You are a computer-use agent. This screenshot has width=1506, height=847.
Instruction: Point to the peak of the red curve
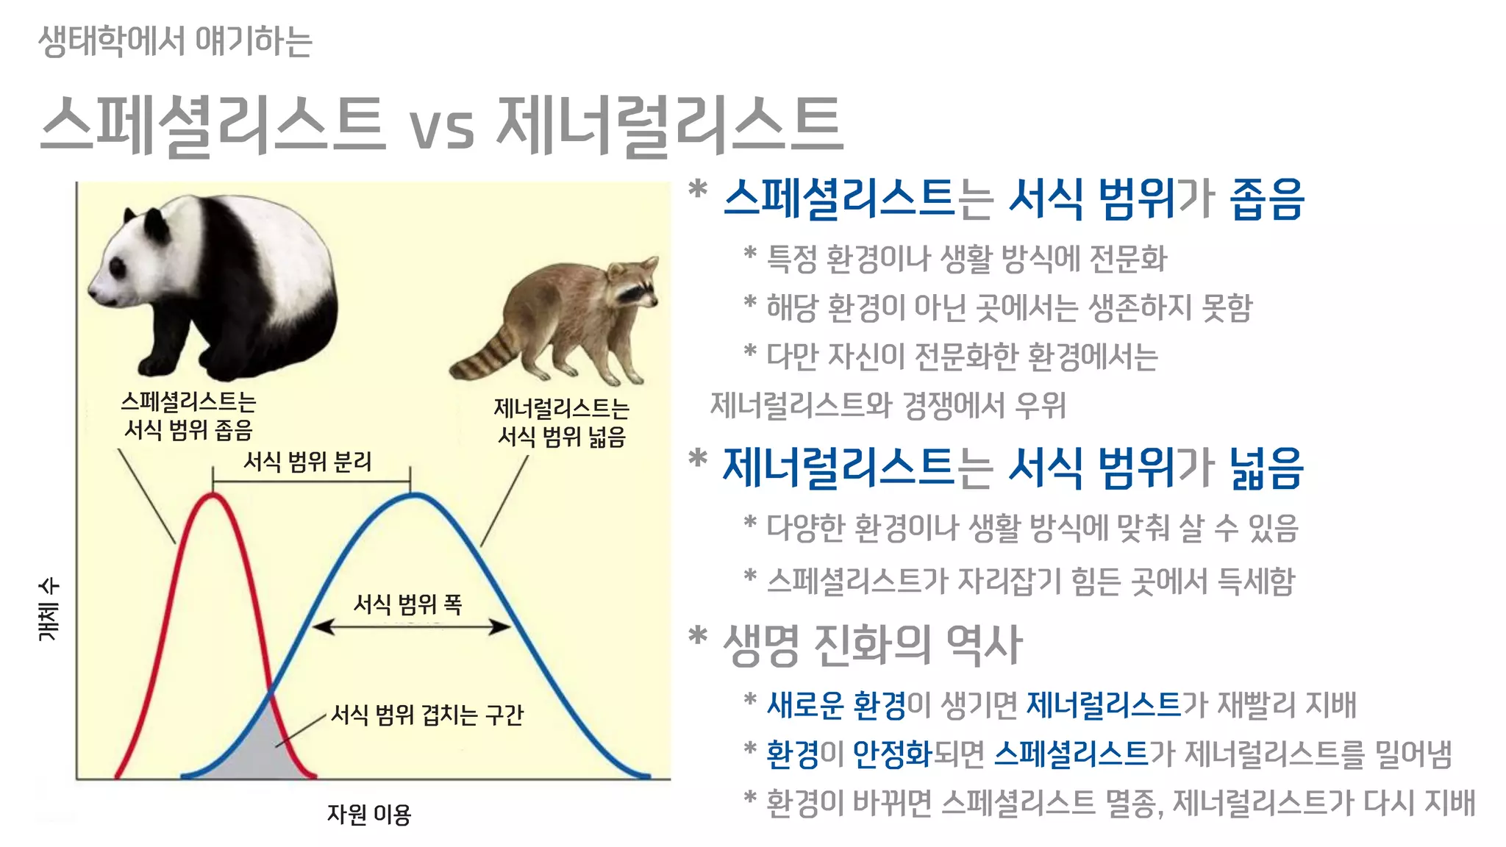click(213, 496)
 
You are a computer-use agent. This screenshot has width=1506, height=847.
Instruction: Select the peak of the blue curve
click(414, 496)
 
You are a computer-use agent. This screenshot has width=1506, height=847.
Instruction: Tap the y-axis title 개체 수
click(49, 610)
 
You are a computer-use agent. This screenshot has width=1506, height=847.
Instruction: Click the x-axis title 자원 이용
click(368, 814)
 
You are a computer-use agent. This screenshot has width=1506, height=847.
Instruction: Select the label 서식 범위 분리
click(307, 462)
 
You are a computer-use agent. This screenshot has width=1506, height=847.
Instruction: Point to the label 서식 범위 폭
click(407, 604)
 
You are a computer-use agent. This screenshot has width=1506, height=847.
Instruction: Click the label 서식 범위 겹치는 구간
click(427, 715)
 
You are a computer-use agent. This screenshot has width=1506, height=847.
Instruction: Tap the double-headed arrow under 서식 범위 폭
click(411, 627)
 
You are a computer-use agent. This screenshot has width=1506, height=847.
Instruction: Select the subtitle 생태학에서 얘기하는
click(175, 41)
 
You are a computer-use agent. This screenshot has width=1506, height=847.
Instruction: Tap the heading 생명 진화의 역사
click(872, 645)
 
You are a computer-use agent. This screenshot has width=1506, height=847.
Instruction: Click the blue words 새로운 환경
click(836, 705)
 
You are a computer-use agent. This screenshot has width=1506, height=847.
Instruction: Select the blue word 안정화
click(893, 754)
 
